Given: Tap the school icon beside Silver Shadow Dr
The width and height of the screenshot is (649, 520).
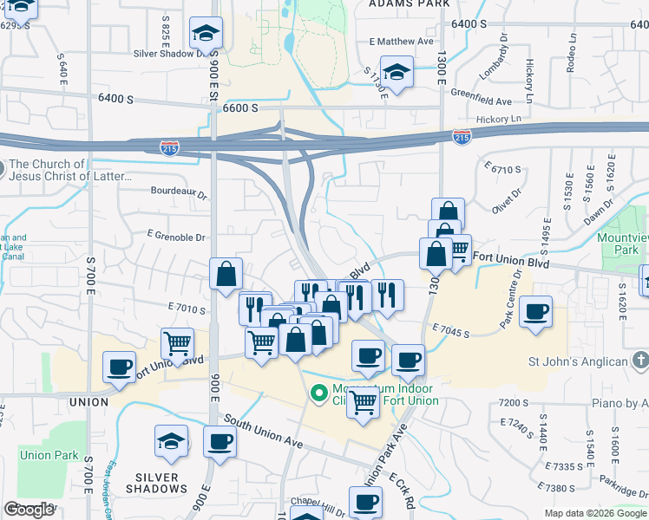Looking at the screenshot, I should tap(206, 34).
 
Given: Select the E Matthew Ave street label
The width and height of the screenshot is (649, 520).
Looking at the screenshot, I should tap(401, 41).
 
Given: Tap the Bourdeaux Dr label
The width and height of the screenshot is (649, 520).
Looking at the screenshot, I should tap(180, 195).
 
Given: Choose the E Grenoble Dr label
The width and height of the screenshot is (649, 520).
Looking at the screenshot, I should tap(176, 237).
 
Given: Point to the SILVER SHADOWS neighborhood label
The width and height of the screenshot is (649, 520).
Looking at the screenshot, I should tap(157, 483).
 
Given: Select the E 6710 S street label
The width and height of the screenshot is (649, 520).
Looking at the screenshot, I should tap(502, 168).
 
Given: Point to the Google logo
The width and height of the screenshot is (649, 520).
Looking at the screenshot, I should tap(29, 510).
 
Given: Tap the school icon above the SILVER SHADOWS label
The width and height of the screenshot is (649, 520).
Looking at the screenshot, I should tap(171, 441).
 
